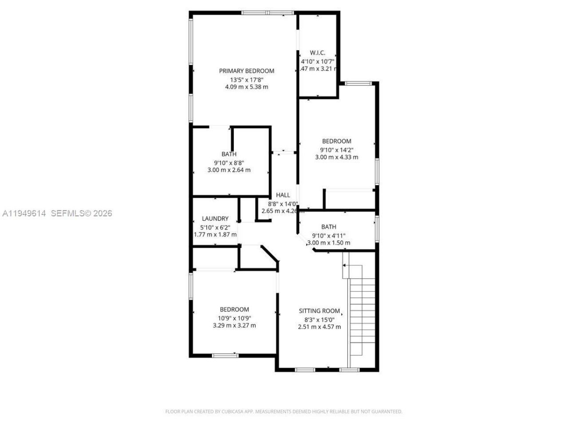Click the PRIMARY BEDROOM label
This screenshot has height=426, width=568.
(x=246, y=71)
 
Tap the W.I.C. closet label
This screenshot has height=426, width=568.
(x=317, y=53)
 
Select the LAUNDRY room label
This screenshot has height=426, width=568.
(x=215, y=219)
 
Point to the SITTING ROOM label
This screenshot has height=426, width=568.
(x=319, y=311)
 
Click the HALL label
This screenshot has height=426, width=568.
(x=283, y=195)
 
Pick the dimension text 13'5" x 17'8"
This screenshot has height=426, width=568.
(x=246, y=80)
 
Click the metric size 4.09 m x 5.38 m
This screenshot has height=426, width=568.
(x=246, y=87)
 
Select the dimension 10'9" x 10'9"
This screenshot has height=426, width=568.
(x=234, y=318)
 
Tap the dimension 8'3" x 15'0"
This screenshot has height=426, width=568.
(x=319, y=319)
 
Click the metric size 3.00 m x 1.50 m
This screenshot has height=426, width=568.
(x=328, y=243)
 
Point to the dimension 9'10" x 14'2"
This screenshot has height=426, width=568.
(x=336, y=150)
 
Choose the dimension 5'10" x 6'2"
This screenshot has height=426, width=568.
(x=215, y=227)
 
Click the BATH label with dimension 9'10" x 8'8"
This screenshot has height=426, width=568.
(x=229, y=154)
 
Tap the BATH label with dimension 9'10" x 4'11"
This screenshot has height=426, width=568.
(x=328, y=227)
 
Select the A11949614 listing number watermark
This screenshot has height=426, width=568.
(x=24, y=213)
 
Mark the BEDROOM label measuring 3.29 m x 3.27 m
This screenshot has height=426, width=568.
(x=234, y=310)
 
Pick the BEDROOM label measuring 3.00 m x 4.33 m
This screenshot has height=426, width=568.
(x=336, y=142)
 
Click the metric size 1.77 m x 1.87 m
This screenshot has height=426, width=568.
(x=215, y=235)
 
